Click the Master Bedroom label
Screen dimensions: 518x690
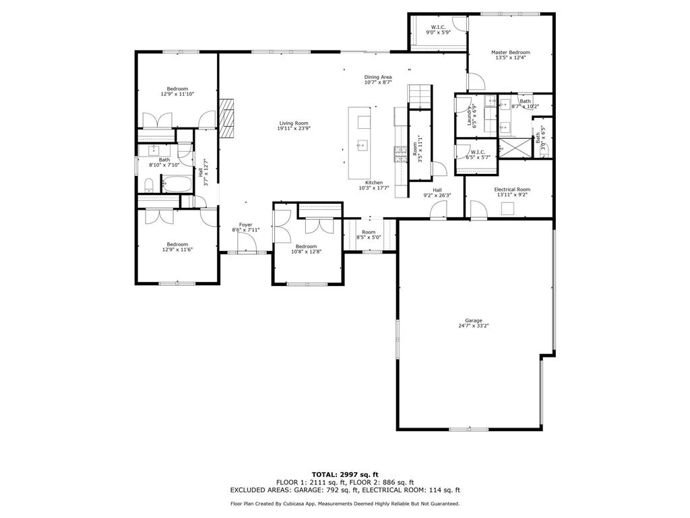510,53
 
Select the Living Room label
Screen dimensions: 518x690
294,123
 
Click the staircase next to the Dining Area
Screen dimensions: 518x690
419,96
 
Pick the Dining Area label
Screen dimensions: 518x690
378,77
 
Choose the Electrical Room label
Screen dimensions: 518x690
512,190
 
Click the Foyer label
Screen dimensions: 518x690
245,225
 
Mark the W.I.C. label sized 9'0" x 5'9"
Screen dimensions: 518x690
437,28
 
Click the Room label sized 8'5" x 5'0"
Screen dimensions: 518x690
369,232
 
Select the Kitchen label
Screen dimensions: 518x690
374,183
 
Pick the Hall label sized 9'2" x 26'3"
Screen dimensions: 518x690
437,190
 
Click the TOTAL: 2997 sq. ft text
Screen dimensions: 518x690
344,474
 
